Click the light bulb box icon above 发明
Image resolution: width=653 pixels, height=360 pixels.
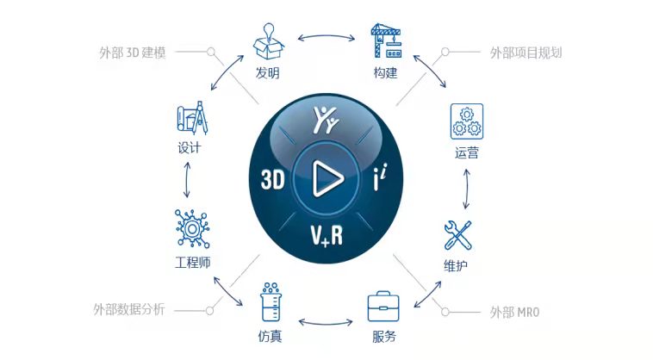click(x=269, y=41)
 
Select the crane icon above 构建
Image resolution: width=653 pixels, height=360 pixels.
click(x=386, y=40)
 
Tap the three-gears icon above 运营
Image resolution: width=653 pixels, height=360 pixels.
click(x=467, y=121)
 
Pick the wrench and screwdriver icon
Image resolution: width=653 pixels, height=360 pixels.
click(x=457, y=235)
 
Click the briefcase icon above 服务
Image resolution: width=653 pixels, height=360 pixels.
click(x=383, y=307)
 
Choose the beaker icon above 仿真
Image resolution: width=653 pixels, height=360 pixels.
click(x=271, y=301)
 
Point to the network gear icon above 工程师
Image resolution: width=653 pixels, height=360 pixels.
click(x=192, y=228)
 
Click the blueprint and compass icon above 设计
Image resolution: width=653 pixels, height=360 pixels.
click(x=192, y=118)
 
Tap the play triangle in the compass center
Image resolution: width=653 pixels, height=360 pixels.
click(x=327, y=179)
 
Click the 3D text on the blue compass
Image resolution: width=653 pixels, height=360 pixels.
click(x=273, y=179)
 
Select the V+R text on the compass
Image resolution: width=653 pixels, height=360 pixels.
click(x=326, y=235)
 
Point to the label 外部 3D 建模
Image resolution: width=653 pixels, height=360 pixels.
click(x=133, y=53)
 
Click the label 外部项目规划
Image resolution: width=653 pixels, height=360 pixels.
click(x=526, y=53)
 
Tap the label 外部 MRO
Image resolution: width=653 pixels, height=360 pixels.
click(x=515, y=312)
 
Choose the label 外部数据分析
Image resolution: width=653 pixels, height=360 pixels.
click(x=129, y=310)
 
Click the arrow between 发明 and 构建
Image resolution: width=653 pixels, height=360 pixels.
click(x=326, y=37)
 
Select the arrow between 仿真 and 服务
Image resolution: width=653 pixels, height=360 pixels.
click(x=326, y=322)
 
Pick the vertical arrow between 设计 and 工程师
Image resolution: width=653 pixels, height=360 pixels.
click(x=187, y=180)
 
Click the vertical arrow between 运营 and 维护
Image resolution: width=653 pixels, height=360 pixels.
click(x=467, y=189)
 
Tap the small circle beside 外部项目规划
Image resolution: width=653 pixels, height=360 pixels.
click(x=445, y=52)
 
